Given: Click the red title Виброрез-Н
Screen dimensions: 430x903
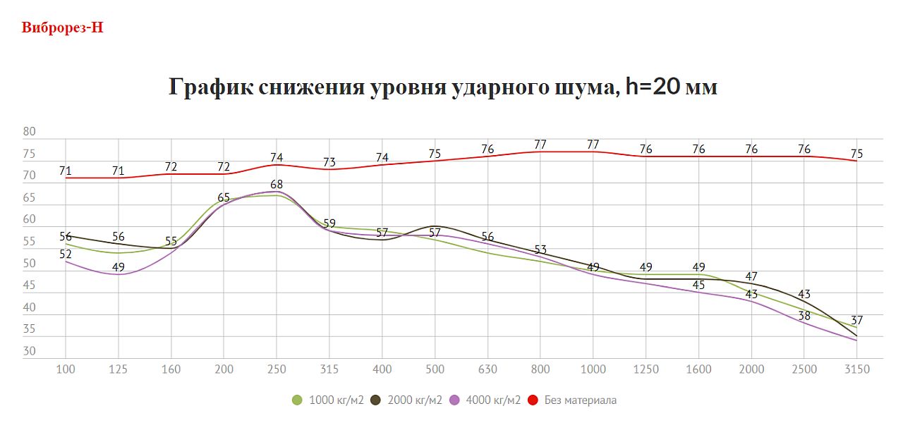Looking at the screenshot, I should click(63, 28).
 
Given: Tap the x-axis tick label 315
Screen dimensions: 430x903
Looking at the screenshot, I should click(329, 369).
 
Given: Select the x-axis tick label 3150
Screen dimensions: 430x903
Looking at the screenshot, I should click(856, 369).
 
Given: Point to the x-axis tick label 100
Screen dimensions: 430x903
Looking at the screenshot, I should click(65, 369).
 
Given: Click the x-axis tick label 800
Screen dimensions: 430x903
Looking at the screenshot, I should click(540, 369).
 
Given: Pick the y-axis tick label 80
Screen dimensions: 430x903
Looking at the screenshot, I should click(29, 132).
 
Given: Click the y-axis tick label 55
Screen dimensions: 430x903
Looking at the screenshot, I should click(29, 242).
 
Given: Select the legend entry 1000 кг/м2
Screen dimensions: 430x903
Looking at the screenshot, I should click(328, 400).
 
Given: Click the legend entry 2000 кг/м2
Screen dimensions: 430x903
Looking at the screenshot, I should click(406, 400).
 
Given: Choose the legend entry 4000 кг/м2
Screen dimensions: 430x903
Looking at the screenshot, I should click(485, 400).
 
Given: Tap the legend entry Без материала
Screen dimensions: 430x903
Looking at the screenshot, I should click(572, 400).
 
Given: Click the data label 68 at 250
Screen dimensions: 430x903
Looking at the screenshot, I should click(277, 184).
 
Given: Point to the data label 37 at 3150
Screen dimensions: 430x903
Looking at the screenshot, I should click(856, 321).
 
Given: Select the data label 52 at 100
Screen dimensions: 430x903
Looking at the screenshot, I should click(66, 254).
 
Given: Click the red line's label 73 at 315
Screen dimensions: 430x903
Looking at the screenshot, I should click(329, 162).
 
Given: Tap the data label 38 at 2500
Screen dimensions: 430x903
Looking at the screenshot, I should click(804, 316).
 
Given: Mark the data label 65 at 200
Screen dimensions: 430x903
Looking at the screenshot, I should click(224, 197).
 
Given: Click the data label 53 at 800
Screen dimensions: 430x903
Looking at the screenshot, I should click(540, 250).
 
